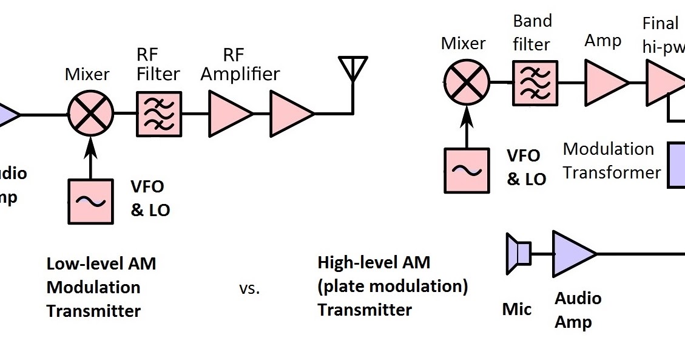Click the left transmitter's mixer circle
pos(91,114)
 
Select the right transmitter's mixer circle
pos(467,82)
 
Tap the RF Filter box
pos(159,114)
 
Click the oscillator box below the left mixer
pos(91,201)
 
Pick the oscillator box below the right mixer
pos(467,171)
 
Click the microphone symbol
pos(518,253)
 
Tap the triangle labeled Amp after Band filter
pos(604,82)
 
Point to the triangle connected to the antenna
pos(290,114)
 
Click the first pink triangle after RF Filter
pos(229,114)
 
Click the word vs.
pos(249,289)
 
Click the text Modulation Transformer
pos(611,161)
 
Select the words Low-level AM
pos(101,264)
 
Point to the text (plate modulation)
pos(393,286)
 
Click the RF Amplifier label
pos(240,65)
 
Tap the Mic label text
pos(517,310)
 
